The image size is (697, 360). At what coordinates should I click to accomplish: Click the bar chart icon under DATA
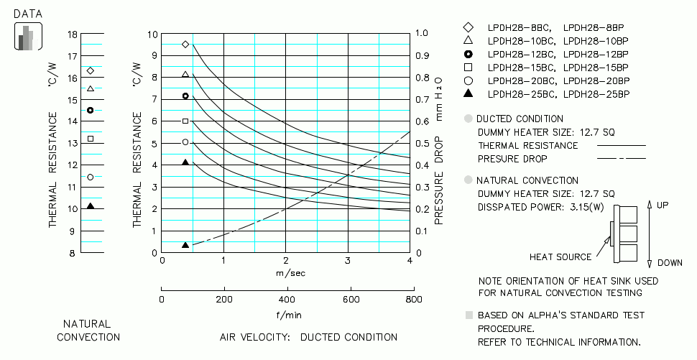click(28, 37)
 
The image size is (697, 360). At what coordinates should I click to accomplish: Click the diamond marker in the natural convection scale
click(91, 70)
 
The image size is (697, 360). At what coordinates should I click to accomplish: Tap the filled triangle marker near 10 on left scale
click(91, 206)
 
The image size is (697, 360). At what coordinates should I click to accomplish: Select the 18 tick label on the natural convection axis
click(73, 34)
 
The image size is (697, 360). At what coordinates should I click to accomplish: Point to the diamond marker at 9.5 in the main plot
click(185, 45)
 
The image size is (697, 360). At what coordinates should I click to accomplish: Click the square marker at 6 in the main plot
click(185, 121)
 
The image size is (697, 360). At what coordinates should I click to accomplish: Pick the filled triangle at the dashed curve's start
click(185, 245)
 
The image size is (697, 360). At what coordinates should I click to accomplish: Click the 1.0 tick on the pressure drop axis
click(421, 34)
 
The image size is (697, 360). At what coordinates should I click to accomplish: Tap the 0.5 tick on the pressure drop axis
click(421, 144)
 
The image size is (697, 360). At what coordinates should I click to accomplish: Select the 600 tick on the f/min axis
click(350, 299)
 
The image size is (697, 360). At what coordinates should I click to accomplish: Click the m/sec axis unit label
click(287, 273)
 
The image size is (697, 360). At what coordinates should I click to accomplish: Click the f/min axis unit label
click(287, 314)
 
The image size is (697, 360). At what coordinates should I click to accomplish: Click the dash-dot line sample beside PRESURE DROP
click(622, 159)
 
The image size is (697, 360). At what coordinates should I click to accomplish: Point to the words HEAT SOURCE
click(560, 257)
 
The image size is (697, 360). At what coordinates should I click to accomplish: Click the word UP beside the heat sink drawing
click(662, 205)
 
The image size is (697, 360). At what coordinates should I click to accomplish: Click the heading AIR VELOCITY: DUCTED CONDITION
click(308, 337)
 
